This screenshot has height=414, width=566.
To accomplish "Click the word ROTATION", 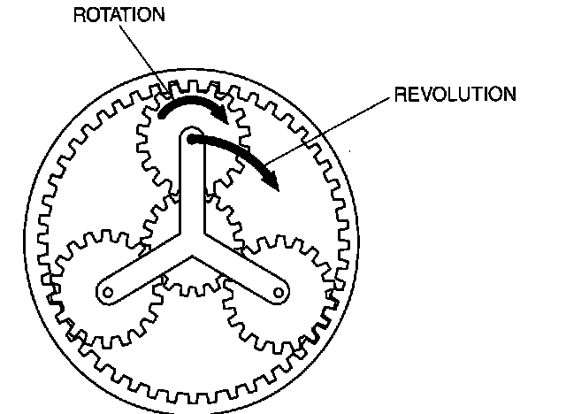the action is [x=119, y=15].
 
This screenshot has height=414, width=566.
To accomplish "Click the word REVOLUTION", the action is [x=455, y=94].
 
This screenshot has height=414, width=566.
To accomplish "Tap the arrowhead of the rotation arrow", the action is [x=221, y=114].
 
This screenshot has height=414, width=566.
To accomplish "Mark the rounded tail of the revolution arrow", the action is [x=192, y=139].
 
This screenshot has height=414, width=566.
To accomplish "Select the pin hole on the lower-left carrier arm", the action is [x=108, y=292].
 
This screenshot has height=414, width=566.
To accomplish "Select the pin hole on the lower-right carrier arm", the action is [x=279, y=292].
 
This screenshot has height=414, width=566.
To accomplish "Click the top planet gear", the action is [x=193, y=141].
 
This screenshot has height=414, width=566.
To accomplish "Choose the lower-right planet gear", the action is [x=279, y=293].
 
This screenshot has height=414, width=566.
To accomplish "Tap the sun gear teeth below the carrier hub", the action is [x=192, y=285].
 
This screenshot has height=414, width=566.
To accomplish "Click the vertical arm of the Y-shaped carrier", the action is [x=192, y=180].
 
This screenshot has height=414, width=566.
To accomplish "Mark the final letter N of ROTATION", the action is [x=158, y=15].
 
